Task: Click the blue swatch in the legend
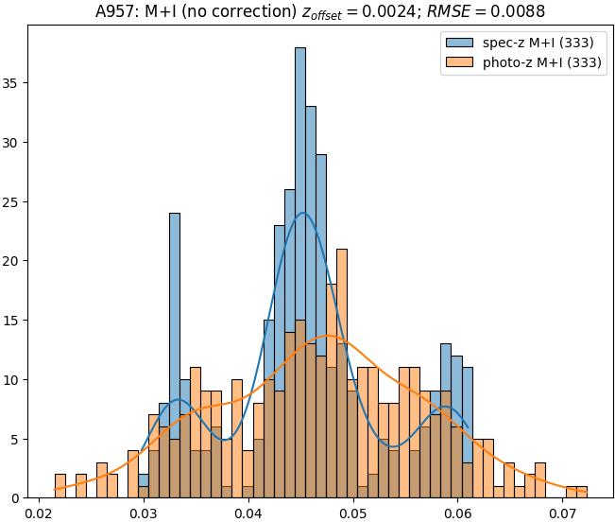pyautogui.click(x=459, y=43)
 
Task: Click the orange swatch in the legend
pyautogui.click(x=459, y=63)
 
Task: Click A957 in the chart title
pyautogui.click(x=116, y=11)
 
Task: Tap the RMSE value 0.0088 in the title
pyautogui.click(x=515, y=11)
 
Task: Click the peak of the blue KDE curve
pyautogui.click(x=302, y=213)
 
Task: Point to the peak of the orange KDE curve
pyautogui.click(x=328, y=336)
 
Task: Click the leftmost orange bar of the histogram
pyautogui.click(x=60, y=486)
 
